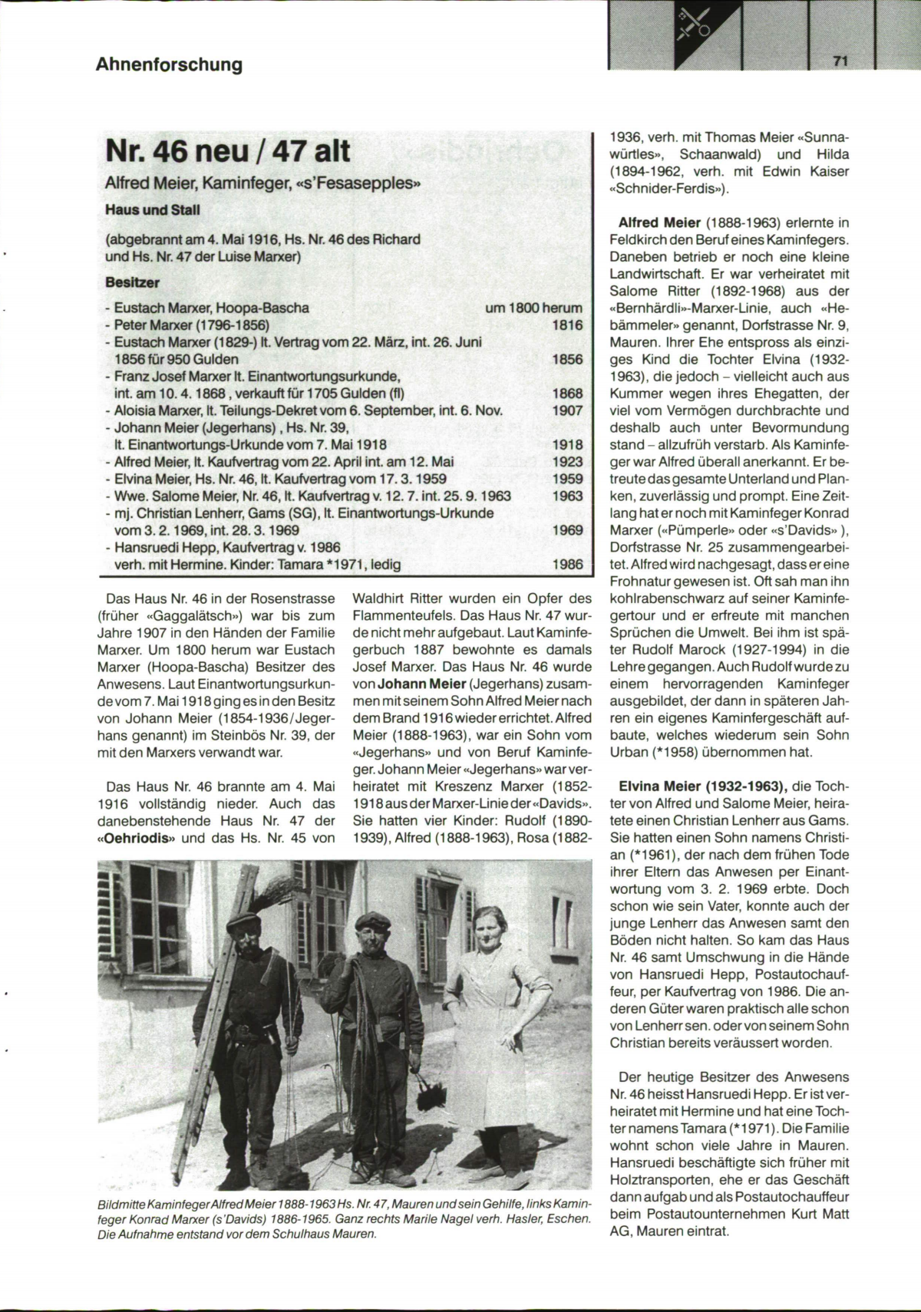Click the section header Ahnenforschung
click(x=169, y=64)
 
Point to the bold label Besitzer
click(x=132, y=282)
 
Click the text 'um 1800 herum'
click(x=533, y=308)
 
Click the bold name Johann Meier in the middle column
click(x=422, y=684)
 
